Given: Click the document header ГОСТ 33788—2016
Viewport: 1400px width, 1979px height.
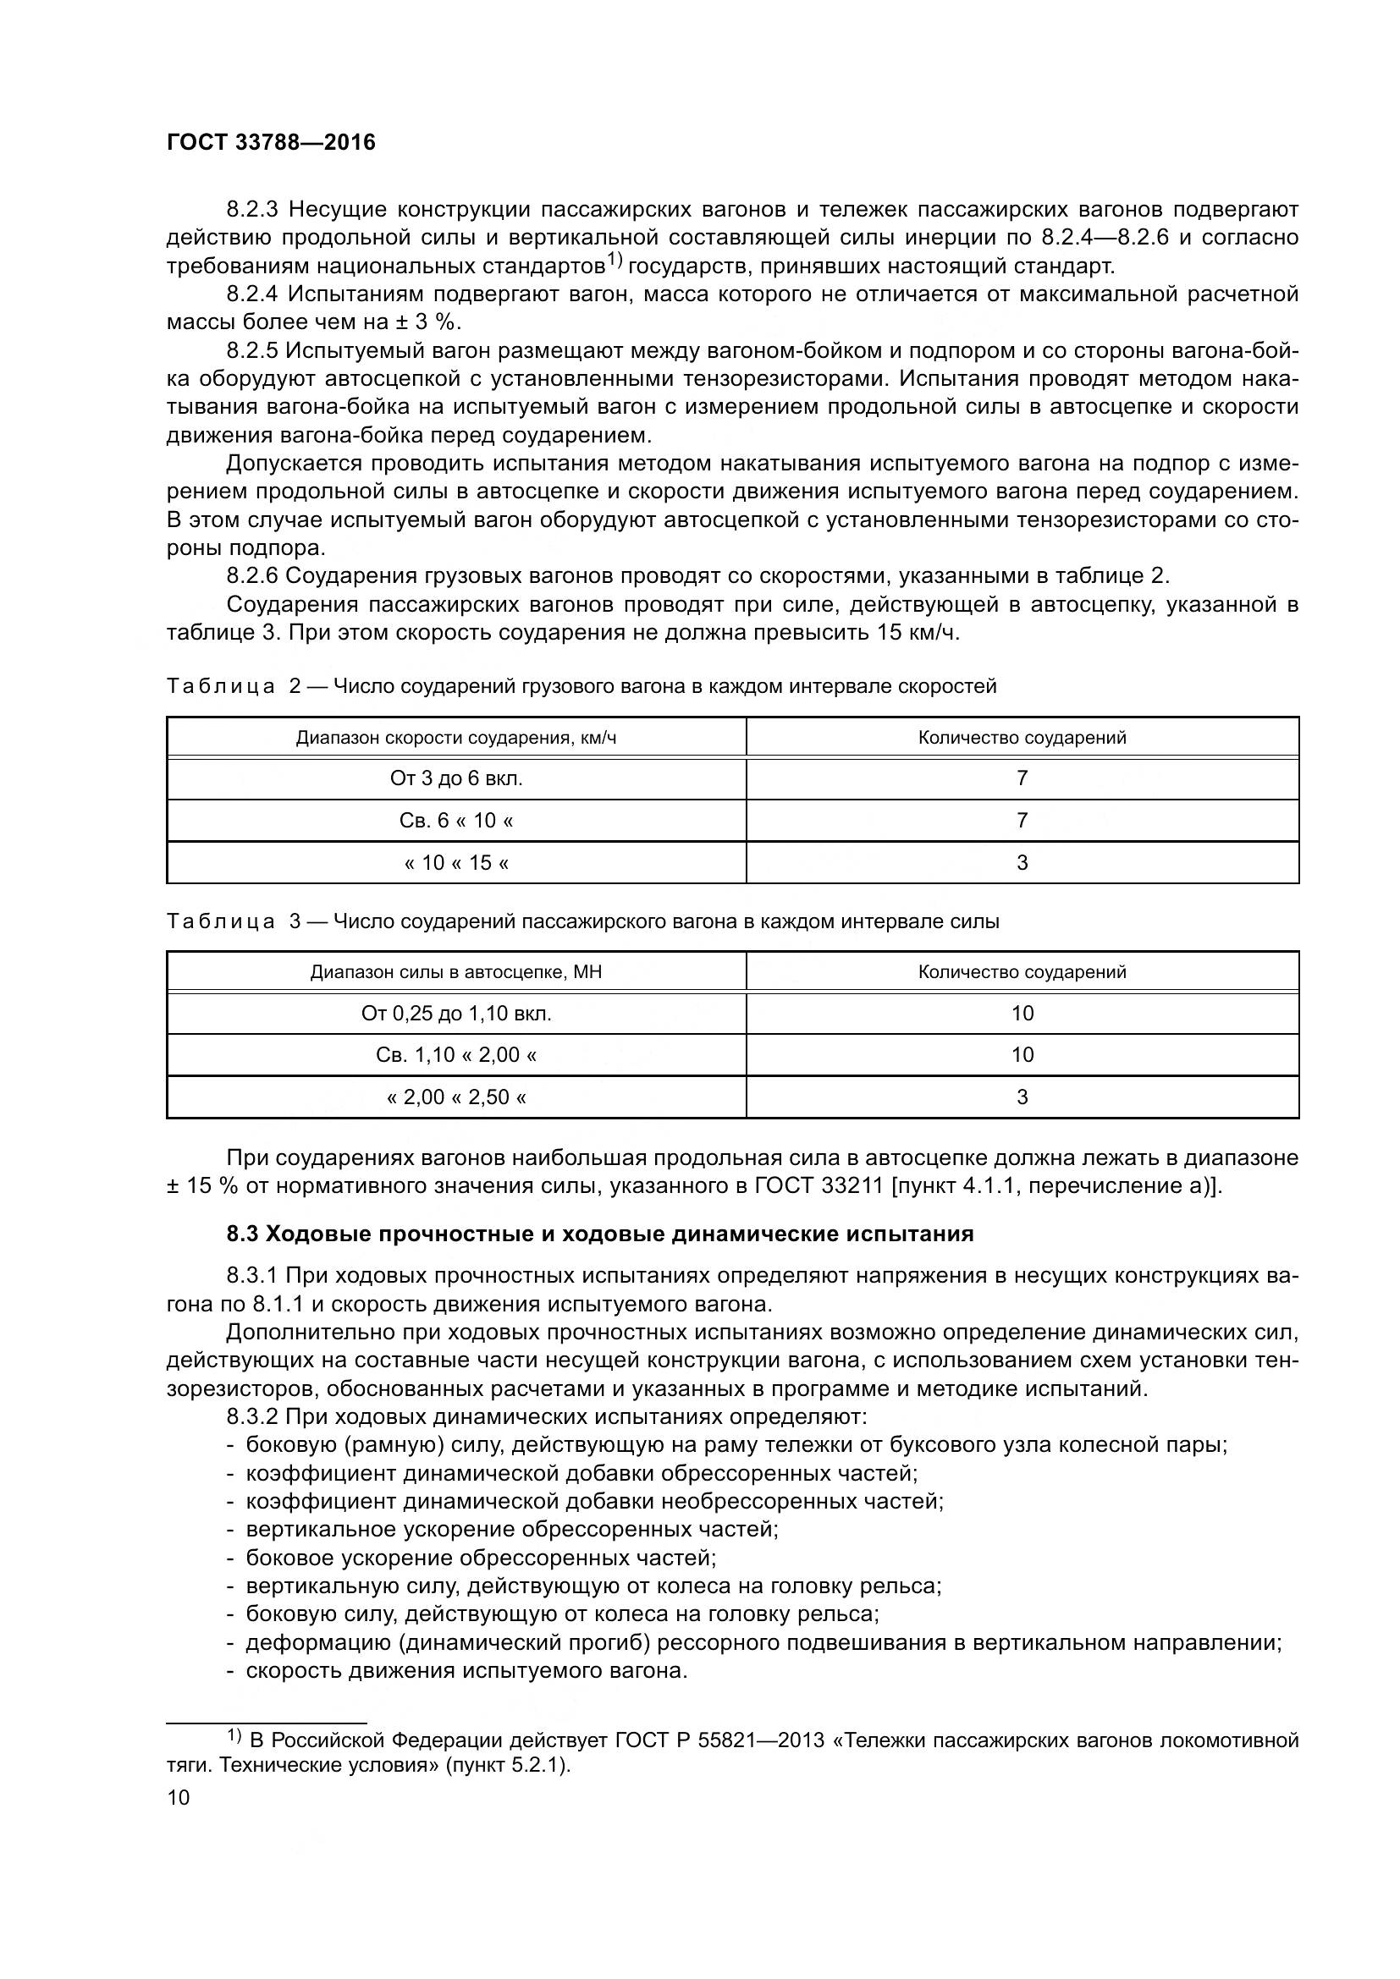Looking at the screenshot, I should click(x=271, y=143).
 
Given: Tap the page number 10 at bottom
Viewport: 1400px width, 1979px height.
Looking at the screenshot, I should click(x=179, y=1797).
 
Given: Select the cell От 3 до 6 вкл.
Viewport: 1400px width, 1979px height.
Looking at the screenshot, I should click(x=456, y=778).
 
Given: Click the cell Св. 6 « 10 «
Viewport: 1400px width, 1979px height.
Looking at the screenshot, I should click(x=456, y=820).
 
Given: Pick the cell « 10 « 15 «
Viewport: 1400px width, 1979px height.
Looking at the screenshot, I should click(x=456, y=862).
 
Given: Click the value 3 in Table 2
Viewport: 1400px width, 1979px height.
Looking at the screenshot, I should click(x=1022, y=862).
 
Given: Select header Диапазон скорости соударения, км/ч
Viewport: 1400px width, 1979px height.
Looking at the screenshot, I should click(x=456, y=738).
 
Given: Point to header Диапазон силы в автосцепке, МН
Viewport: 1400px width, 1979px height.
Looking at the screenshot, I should click(x=456, y=972).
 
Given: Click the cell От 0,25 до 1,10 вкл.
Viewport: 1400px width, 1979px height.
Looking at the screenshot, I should click(x=456, y=1013).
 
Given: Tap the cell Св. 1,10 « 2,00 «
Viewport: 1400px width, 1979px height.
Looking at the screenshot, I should click(x=456, y=1054).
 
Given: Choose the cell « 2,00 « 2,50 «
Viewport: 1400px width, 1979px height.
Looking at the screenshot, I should click(x=456, y=1097).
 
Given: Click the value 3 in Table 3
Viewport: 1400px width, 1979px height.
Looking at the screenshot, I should click(x=1022, y=1097).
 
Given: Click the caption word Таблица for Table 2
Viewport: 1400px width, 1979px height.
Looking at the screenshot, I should click(x=221, y=686).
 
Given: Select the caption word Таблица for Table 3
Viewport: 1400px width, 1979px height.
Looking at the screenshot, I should click(x=221, y=921).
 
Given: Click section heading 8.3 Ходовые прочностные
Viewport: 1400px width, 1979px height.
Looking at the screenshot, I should click(x=600, y=1234).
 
